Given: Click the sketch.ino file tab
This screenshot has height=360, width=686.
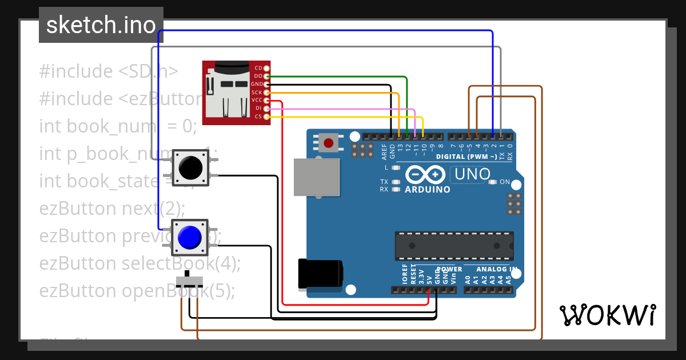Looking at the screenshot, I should tap(101, 25).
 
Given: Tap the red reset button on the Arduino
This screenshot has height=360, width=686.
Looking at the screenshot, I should tap(328, 142).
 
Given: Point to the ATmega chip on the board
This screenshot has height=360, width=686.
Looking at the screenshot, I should tap(454, 246).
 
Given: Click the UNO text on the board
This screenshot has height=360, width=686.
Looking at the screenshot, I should tap(470, 174).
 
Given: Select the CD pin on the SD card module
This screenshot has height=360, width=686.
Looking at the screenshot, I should tap(266, 68).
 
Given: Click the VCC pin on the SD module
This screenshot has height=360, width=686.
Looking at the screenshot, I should tap(266, 100).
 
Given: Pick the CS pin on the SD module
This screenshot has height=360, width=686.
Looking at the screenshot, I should tap(266, 116).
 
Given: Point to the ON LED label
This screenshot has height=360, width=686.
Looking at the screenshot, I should tap(504, 182).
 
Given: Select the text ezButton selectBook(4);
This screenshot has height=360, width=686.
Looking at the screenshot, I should tap(140, 263).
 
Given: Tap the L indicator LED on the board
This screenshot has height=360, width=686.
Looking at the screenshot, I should tap(395, 167).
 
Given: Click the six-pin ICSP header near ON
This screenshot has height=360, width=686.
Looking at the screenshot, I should tap(514, 204).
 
